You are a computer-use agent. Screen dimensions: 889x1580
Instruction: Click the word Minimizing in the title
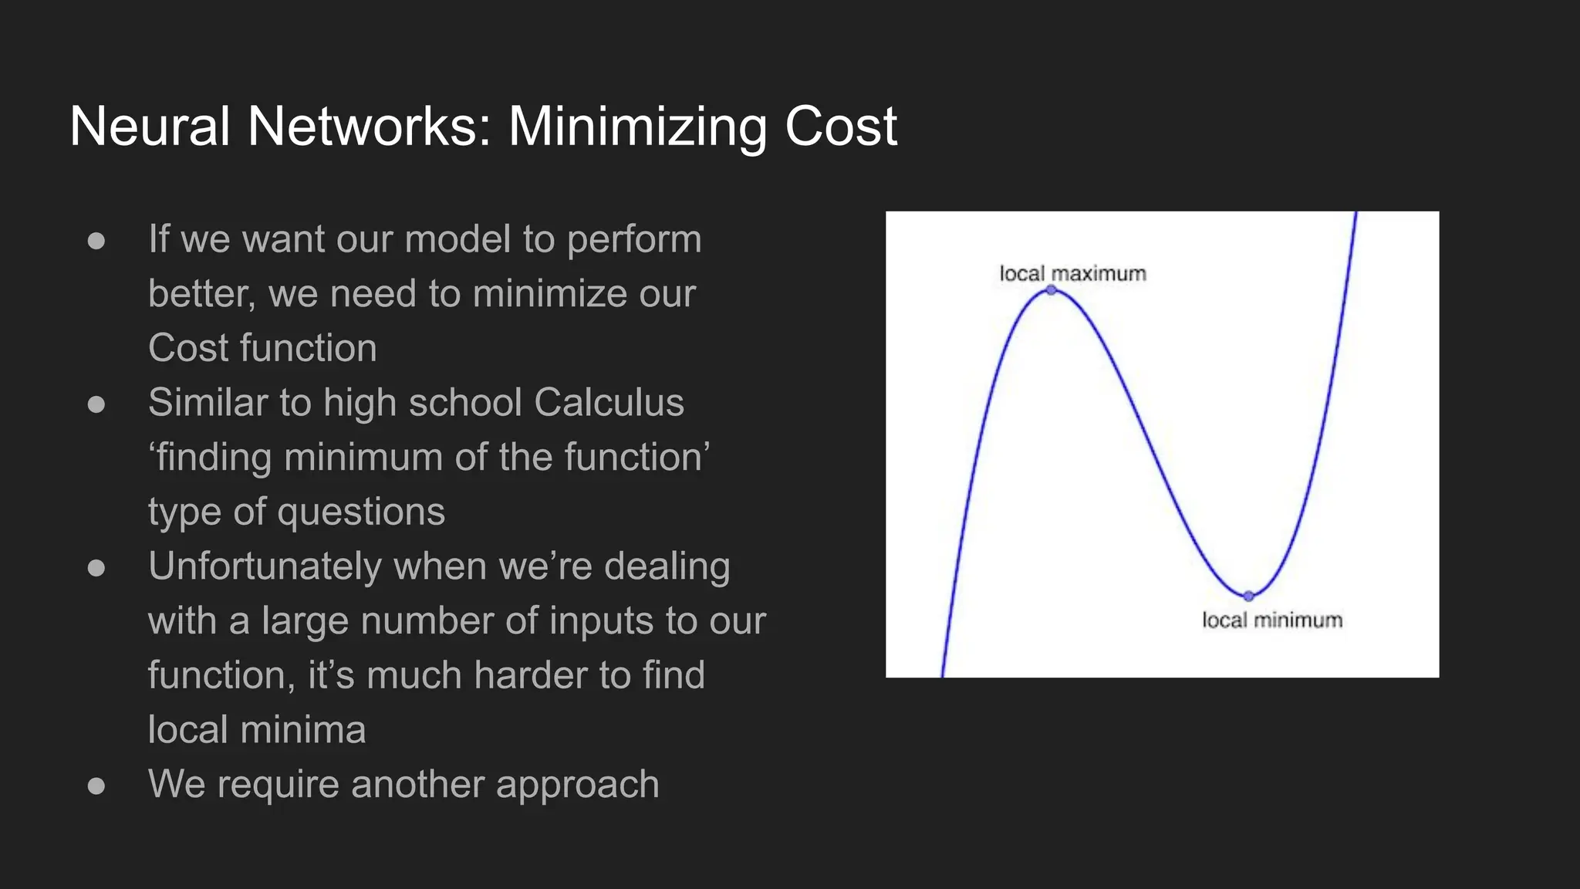pos(637,127)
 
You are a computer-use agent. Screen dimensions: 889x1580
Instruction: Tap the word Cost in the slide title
pos(841,127)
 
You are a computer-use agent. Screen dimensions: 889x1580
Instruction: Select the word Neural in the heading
pos(150,127)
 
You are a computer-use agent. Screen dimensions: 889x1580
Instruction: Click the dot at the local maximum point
pos(1051,290)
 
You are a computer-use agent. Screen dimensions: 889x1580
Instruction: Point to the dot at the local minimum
pos(1249,596)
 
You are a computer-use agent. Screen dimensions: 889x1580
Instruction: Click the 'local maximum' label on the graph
pos(1072,273)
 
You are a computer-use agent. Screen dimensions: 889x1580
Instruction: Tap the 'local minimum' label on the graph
pos(1272,620)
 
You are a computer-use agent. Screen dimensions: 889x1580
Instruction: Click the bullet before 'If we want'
pos(96,241)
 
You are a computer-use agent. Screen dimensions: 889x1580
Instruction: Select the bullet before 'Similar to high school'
pos(96,404)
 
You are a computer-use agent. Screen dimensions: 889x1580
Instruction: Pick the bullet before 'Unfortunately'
pos(96,568)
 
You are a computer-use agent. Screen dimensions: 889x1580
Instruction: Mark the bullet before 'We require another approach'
pos(96,786)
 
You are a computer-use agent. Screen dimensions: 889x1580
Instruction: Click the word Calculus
pos(609,402)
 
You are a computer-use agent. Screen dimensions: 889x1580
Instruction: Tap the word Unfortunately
pos(265,566)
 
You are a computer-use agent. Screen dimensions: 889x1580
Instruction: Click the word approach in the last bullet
pos(578,785)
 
